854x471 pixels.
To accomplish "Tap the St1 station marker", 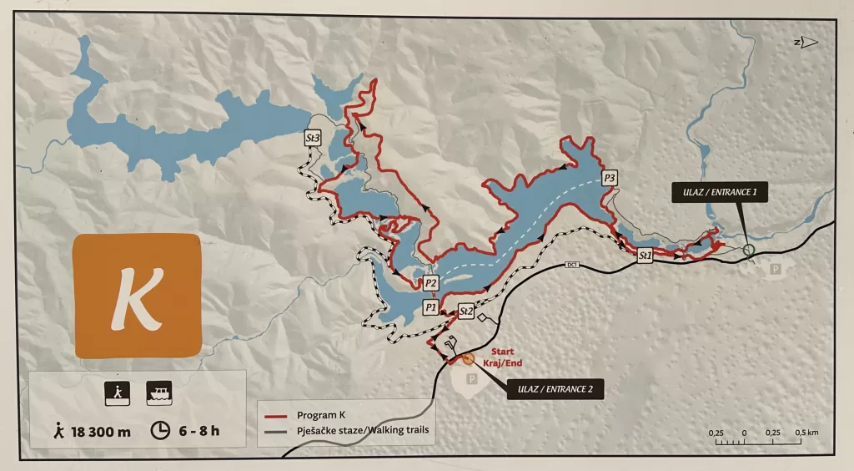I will pos(644,256).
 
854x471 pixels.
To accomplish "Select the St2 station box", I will pos(466,311).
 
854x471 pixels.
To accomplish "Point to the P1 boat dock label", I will pos(430,307).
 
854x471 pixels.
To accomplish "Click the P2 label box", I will pos(430,283).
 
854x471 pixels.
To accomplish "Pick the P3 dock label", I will pos(610,178).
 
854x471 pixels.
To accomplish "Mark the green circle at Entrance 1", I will pos(748,249).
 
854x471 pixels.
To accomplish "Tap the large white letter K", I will pos(137,296).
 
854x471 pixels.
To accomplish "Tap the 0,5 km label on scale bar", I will pos(806,433).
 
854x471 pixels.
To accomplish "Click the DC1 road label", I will pos(572,266).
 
